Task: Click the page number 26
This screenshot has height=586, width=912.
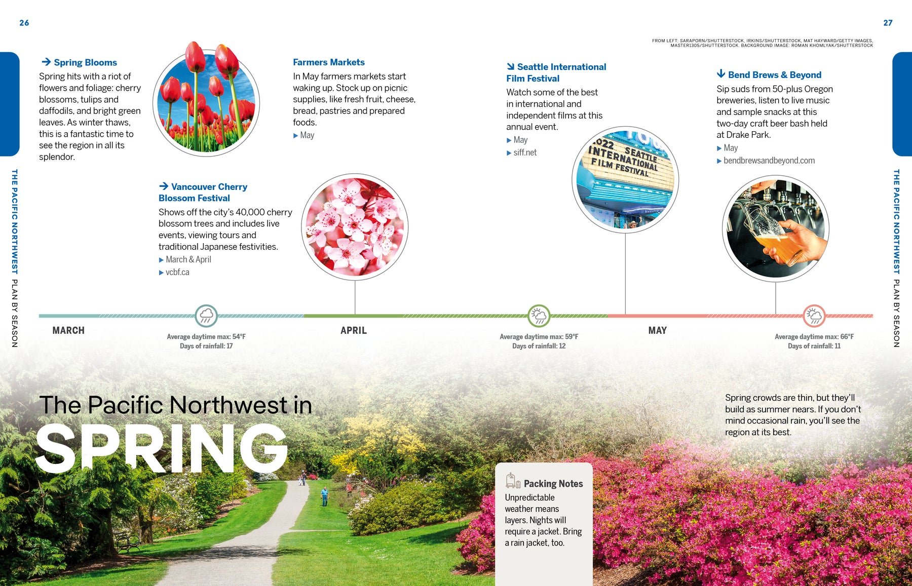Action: pos(24,23)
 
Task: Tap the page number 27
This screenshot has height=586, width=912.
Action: pos(888,23)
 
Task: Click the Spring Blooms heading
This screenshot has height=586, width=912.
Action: pos(85,62)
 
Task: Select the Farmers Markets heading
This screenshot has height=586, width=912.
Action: pos(328,62)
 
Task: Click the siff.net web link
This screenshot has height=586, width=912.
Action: pos(524,152)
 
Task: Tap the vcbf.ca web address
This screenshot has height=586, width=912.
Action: pos(177,272)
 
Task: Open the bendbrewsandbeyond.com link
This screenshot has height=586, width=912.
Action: pos(769,161)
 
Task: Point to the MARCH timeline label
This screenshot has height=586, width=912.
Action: pos(68,330)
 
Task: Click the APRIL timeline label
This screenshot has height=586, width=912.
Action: pos(353,330)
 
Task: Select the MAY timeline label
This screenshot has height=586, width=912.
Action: pos(657,330)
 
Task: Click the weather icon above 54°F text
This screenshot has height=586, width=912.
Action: pos(206,316)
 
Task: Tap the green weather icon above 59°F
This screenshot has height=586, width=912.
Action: pos(539,316)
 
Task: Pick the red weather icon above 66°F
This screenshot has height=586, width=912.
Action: pos(814,316)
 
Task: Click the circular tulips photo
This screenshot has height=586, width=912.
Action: pos(206,103)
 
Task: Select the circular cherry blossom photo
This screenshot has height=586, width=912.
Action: pos(355,227)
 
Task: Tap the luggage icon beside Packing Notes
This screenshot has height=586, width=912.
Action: pos(513,481)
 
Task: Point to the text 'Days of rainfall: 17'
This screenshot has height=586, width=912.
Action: pos(206,346)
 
